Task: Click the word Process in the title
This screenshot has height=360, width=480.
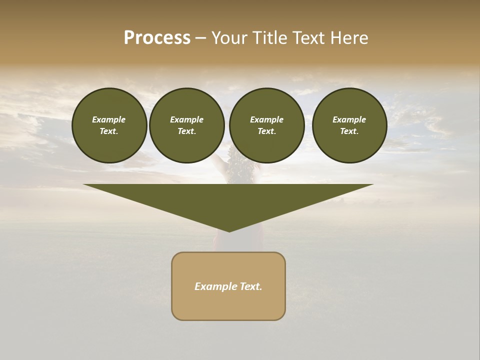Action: [x=157, y=38]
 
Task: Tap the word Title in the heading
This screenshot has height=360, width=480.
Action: [x=269, y=38]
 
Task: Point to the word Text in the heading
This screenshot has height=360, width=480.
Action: [x=308, y=38]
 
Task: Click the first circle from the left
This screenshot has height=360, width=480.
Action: [x=109, y=125]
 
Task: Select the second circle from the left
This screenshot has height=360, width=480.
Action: [x=186, y=125]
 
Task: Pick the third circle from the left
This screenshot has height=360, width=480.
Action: [x=266, y=125]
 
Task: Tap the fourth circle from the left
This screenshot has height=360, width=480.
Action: [x=349, y=125]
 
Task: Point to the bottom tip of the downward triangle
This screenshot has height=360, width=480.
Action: [x=229, y=231]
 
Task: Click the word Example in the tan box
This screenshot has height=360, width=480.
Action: [x=214, y=286]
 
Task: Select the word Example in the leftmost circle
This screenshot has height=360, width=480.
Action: [x=109, y=119]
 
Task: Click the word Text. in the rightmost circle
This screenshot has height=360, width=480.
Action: [x=349, y=131]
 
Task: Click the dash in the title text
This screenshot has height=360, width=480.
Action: [x=200, y=38]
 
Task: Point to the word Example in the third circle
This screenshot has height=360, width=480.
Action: [x=266, y=119]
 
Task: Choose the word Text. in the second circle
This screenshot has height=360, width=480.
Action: [x=186, y=131]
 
